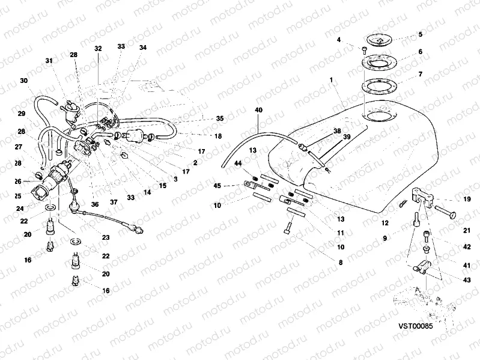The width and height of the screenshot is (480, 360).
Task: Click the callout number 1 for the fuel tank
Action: tap(330, 79)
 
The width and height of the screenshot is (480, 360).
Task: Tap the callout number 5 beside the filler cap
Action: tap(420, 34)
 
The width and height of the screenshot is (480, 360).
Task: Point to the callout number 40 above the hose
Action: tap(259, 110)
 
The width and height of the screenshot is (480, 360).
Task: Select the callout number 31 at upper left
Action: tap(49, 61)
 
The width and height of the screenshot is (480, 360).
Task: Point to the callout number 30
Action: tap(23, 81)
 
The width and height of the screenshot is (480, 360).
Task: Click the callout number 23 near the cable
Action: tap(106, 238)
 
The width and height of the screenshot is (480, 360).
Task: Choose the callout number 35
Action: tap(219, 118)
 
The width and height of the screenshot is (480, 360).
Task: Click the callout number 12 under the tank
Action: tap(384, 222)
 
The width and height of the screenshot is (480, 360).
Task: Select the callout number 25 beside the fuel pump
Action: tap(17, 196)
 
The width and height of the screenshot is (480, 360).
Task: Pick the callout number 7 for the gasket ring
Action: tap(420, 74)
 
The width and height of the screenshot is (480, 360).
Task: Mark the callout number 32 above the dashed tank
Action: tap(99, 47)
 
